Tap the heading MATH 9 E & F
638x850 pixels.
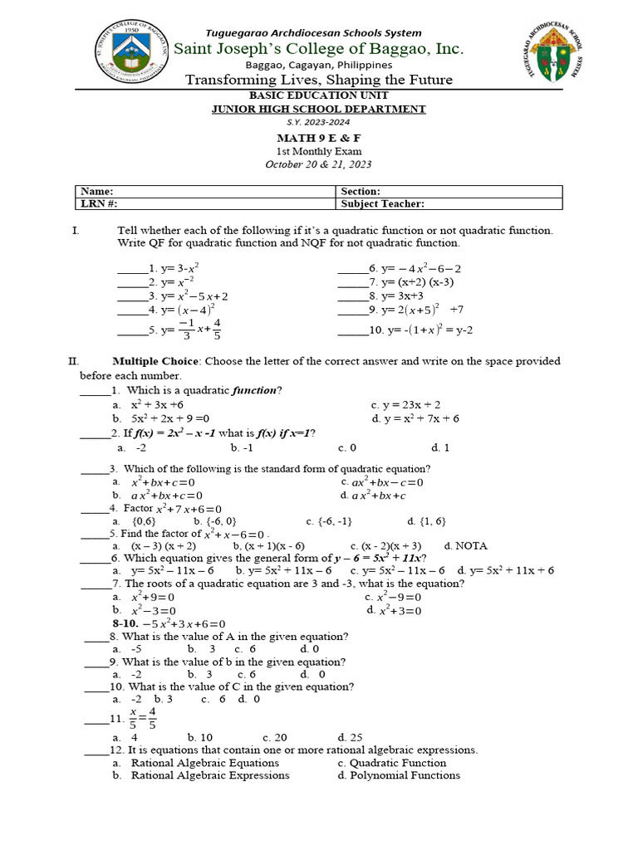319,137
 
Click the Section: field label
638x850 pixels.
361,191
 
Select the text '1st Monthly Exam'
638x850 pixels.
319,151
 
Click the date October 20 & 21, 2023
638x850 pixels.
319,164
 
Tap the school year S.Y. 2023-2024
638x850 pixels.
319,121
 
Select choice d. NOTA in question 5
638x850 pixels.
465,545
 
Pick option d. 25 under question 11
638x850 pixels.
350,736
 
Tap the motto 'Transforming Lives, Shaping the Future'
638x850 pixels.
319,80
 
